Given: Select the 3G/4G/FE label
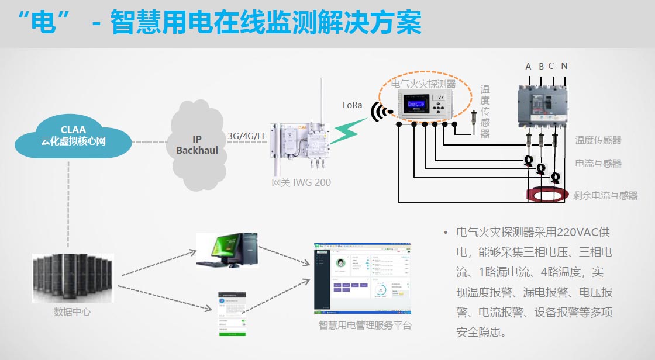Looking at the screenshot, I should coord(247,136).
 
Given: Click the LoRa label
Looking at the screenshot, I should coord(352,105).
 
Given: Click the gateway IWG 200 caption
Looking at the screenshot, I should coord(301,182).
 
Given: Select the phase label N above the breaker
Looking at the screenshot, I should coord(564,66).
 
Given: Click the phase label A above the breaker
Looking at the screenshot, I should coord(528,67).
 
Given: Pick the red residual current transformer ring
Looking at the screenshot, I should coord(547,195).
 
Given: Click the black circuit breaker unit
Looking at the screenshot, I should coord(542,105).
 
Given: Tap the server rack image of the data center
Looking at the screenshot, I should coord(72,277).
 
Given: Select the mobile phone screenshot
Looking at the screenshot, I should coord(232,314).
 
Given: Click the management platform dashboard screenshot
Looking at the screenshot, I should coord(363,278).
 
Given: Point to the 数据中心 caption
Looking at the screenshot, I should coord(72,311).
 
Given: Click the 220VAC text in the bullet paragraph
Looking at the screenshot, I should coord(576,233).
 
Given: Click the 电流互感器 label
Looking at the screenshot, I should coord(598,163).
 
